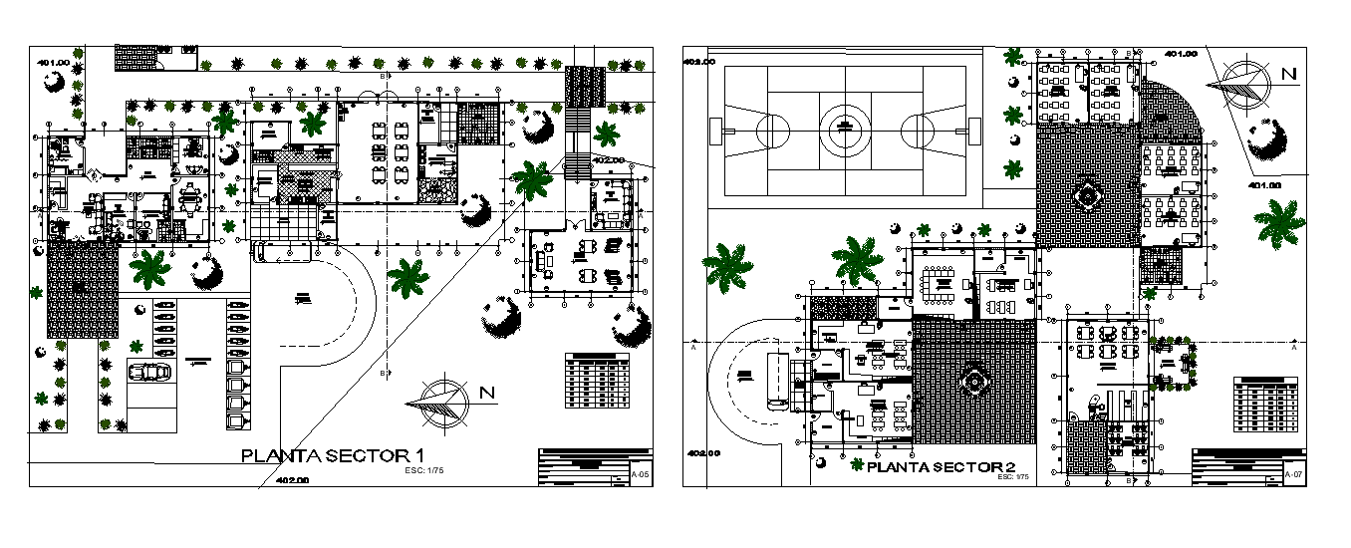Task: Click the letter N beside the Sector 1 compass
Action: click(487, 393)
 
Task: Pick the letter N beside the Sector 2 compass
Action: click(1288, 74)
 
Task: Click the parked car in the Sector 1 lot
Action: click(149, 372)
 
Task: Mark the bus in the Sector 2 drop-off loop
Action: click(775, 379)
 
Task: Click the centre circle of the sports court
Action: click(845, 129)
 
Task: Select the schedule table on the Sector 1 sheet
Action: click(597, 380)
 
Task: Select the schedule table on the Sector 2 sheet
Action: click(1266, 405)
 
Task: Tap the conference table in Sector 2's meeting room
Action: click(938, 285)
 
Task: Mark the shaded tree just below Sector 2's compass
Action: click(1266, 140)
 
